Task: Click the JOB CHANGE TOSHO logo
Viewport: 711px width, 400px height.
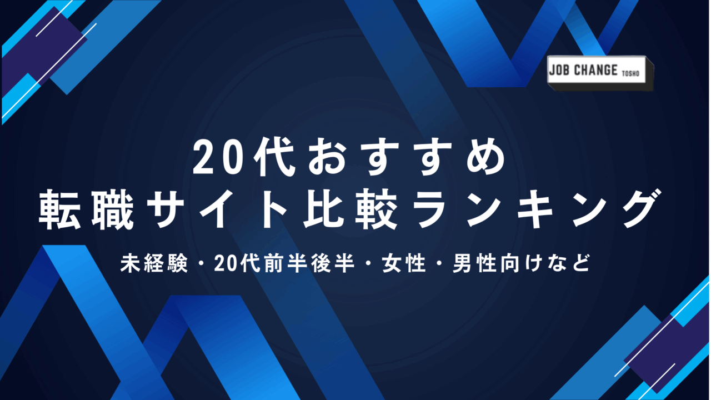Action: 600,73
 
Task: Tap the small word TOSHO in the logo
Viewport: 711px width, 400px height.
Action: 630,74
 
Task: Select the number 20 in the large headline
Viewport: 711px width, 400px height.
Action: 216,158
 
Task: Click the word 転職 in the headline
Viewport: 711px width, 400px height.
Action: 86,209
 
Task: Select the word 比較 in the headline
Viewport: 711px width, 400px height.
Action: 351,209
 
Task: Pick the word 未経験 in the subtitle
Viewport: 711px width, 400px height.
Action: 154,263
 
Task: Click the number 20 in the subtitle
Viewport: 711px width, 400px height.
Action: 226,263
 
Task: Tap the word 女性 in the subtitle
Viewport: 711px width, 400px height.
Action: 404,263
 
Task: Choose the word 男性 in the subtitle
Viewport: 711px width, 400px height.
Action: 475,263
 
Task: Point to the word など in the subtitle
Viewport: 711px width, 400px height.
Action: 570,263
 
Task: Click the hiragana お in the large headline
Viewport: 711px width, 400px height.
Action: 328,157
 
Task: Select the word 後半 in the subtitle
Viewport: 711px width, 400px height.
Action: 333,263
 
